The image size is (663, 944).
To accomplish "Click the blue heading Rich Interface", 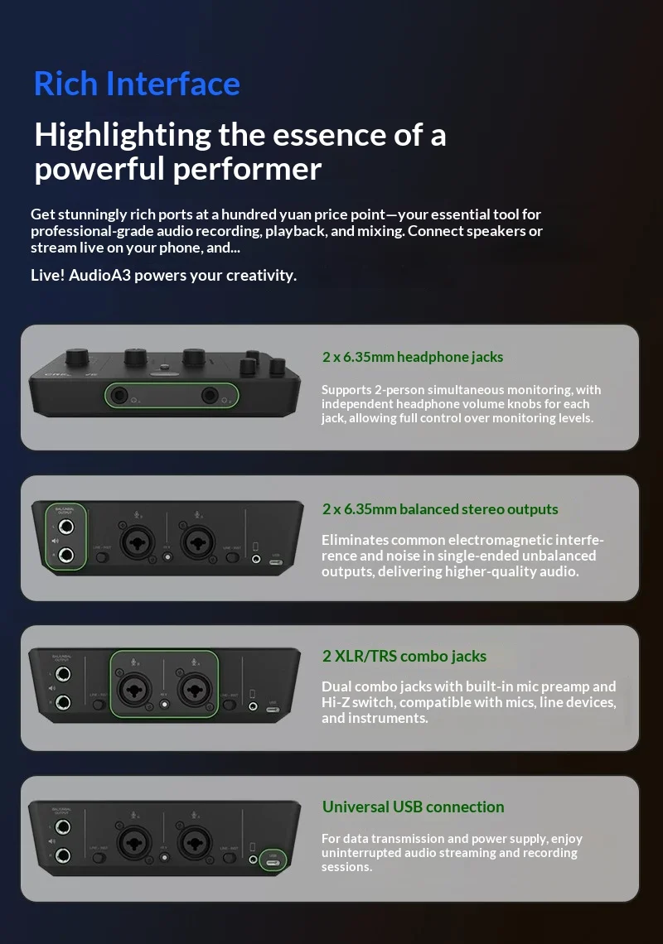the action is click(137, 84).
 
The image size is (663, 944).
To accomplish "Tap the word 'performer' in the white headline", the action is click(248, 169).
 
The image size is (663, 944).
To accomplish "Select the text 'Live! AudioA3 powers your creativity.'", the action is click(163, 275).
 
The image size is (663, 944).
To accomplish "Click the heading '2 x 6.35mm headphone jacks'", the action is click(412, 357).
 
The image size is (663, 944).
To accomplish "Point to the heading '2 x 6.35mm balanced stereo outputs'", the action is click(440, 509).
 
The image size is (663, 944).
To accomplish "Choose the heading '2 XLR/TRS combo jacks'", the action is click(404, 656).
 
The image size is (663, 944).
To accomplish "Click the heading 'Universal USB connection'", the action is click(413, 807).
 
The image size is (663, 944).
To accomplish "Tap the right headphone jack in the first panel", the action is click(209, 396).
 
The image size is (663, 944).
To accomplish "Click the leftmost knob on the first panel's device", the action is click(77, 356).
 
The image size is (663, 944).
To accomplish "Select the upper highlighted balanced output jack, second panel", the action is click(65, 527).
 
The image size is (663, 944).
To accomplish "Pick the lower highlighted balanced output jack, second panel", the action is click(65, 555).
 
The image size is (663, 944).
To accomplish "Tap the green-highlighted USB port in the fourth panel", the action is click(273, 862).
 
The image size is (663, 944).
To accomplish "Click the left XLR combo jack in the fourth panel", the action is click(134, 841).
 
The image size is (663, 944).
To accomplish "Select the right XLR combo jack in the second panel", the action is click(198, 542).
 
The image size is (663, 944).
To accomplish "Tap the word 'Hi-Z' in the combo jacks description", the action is click(335, 702).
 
